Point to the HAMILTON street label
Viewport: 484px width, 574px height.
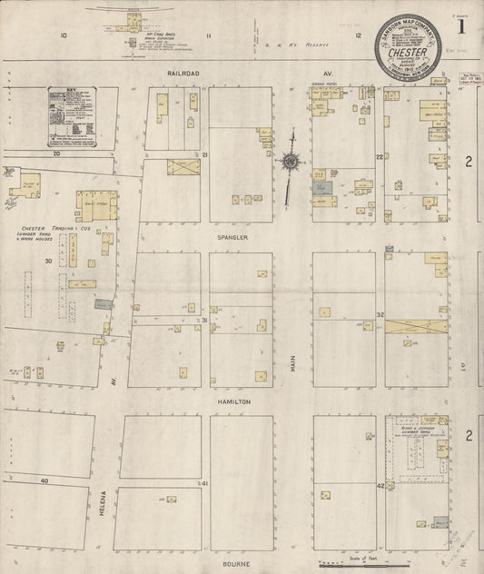point(233,401)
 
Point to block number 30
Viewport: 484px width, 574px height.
point(47,261)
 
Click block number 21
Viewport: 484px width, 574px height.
point(205,156)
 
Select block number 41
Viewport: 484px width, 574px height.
point(205,484)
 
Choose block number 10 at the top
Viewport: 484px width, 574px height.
point(64,35)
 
